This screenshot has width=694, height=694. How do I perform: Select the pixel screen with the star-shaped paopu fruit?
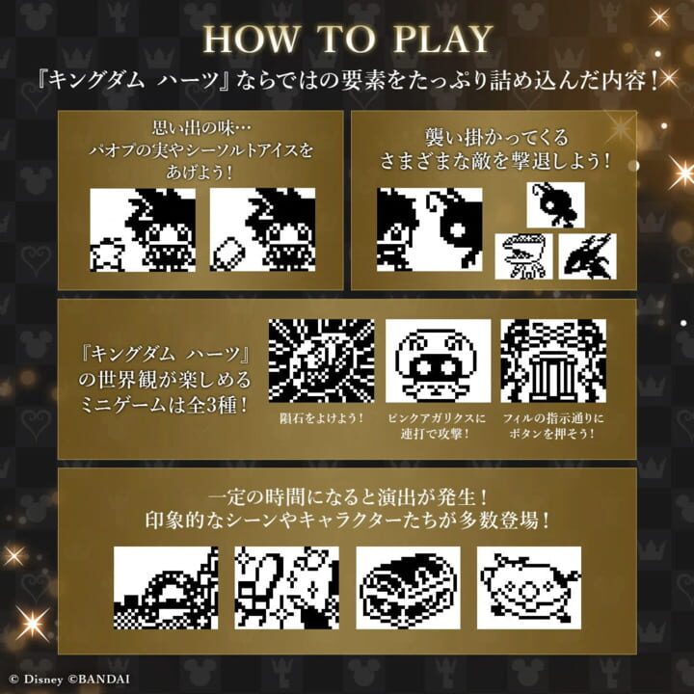coord(143,229)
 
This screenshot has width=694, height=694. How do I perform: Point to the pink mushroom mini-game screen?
coord(438,360)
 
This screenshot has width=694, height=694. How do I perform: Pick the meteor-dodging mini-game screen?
coord(321,360)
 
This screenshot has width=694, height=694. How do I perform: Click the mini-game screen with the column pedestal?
coord(553,360)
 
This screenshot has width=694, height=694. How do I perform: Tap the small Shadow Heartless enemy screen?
coord(556,205)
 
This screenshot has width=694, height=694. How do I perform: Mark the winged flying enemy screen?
coord(587,256)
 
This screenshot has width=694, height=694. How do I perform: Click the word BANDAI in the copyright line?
coord(103,678)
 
